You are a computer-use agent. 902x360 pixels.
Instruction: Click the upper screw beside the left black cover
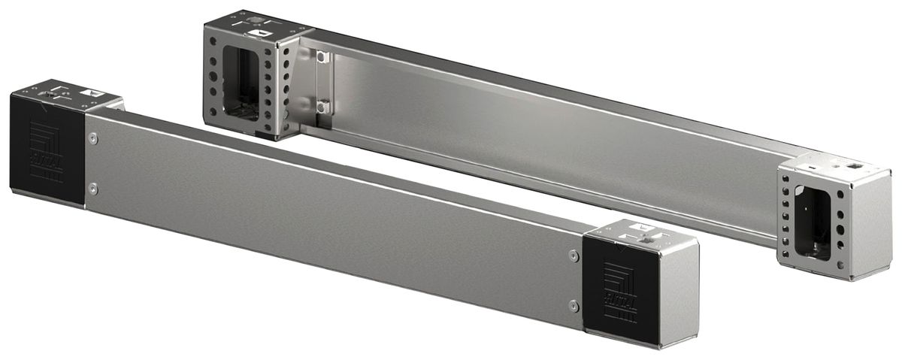(x=93, y=138)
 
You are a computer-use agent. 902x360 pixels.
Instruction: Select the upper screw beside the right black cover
(x=574, y=256)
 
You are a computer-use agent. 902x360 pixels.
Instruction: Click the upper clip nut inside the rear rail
(x=322, y=57)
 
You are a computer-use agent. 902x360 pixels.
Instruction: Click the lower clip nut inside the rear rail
(x=322, y=106)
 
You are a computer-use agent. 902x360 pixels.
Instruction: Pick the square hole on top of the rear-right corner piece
(x=852, y=162)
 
